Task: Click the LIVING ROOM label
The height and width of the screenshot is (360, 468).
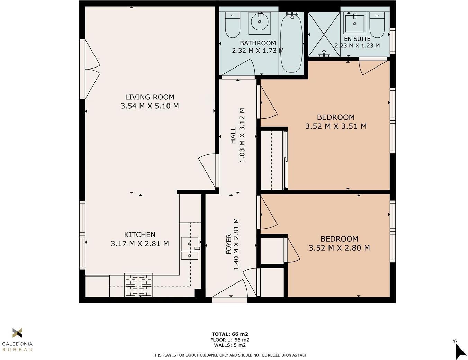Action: click(x=150, y=97)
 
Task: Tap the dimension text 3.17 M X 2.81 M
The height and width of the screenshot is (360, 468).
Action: click(x=140, y=244)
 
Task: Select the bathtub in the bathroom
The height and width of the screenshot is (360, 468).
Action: click(x=291, y=43)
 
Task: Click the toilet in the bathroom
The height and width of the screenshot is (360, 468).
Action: click(x=233, y=25)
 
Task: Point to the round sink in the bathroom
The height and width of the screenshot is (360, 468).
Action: click(x=259, y=23)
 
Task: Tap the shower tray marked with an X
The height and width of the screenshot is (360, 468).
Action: click(x=324, y=34)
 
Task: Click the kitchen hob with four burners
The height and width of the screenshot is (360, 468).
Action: click(x=138, y=285)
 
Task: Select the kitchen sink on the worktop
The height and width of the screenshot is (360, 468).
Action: click(x=190, y=248)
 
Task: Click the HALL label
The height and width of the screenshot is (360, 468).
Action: click(x=233, y=135)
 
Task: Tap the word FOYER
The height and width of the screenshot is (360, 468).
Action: click(x=229, y=244)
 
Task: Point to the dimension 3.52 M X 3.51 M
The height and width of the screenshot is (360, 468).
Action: click(x=336, y=126)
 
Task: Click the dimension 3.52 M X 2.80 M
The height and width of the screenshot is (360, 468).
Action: click(x=339, y=248)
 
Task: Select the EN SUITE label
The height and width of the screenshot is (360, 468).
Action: click(x=357, y=39)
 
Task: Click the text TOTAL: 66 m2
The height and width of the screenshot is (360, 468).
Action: click(x=230, y=334)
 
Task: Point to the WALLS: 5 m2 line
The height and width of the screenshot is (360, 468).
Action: click(x=230, y=345)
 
